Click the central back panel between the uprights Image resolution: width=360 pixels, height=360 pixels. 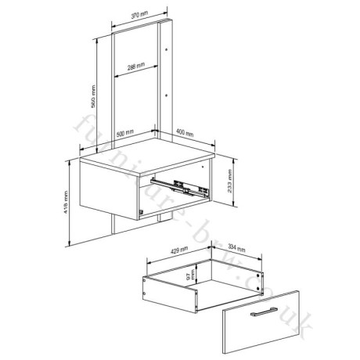137,102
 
